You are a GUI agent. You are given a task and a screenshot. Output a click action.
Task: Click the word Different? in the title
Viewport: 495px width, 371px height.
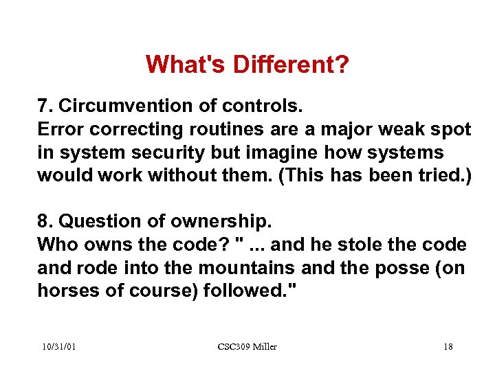(x=291, y=65)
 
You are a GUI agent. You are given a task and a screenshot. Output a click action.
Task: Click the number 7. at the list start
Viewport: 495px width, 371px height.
(x=45, y=107)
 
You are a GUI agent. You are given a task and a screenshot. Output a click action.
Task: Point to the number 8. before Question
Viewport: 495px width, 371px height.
(x=45, y=223)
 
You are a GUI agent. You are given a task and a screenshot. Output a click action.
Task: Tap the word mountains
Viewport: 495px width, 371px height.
(x=235, y=267)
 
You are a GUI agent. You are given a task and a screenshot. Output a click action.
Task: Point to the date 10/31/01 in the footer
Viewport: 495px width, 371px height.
(x=57, y=347)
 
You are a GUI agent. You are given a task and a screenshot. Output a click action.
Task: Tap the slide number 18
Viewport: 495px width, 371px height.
(x=448, y=347)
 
